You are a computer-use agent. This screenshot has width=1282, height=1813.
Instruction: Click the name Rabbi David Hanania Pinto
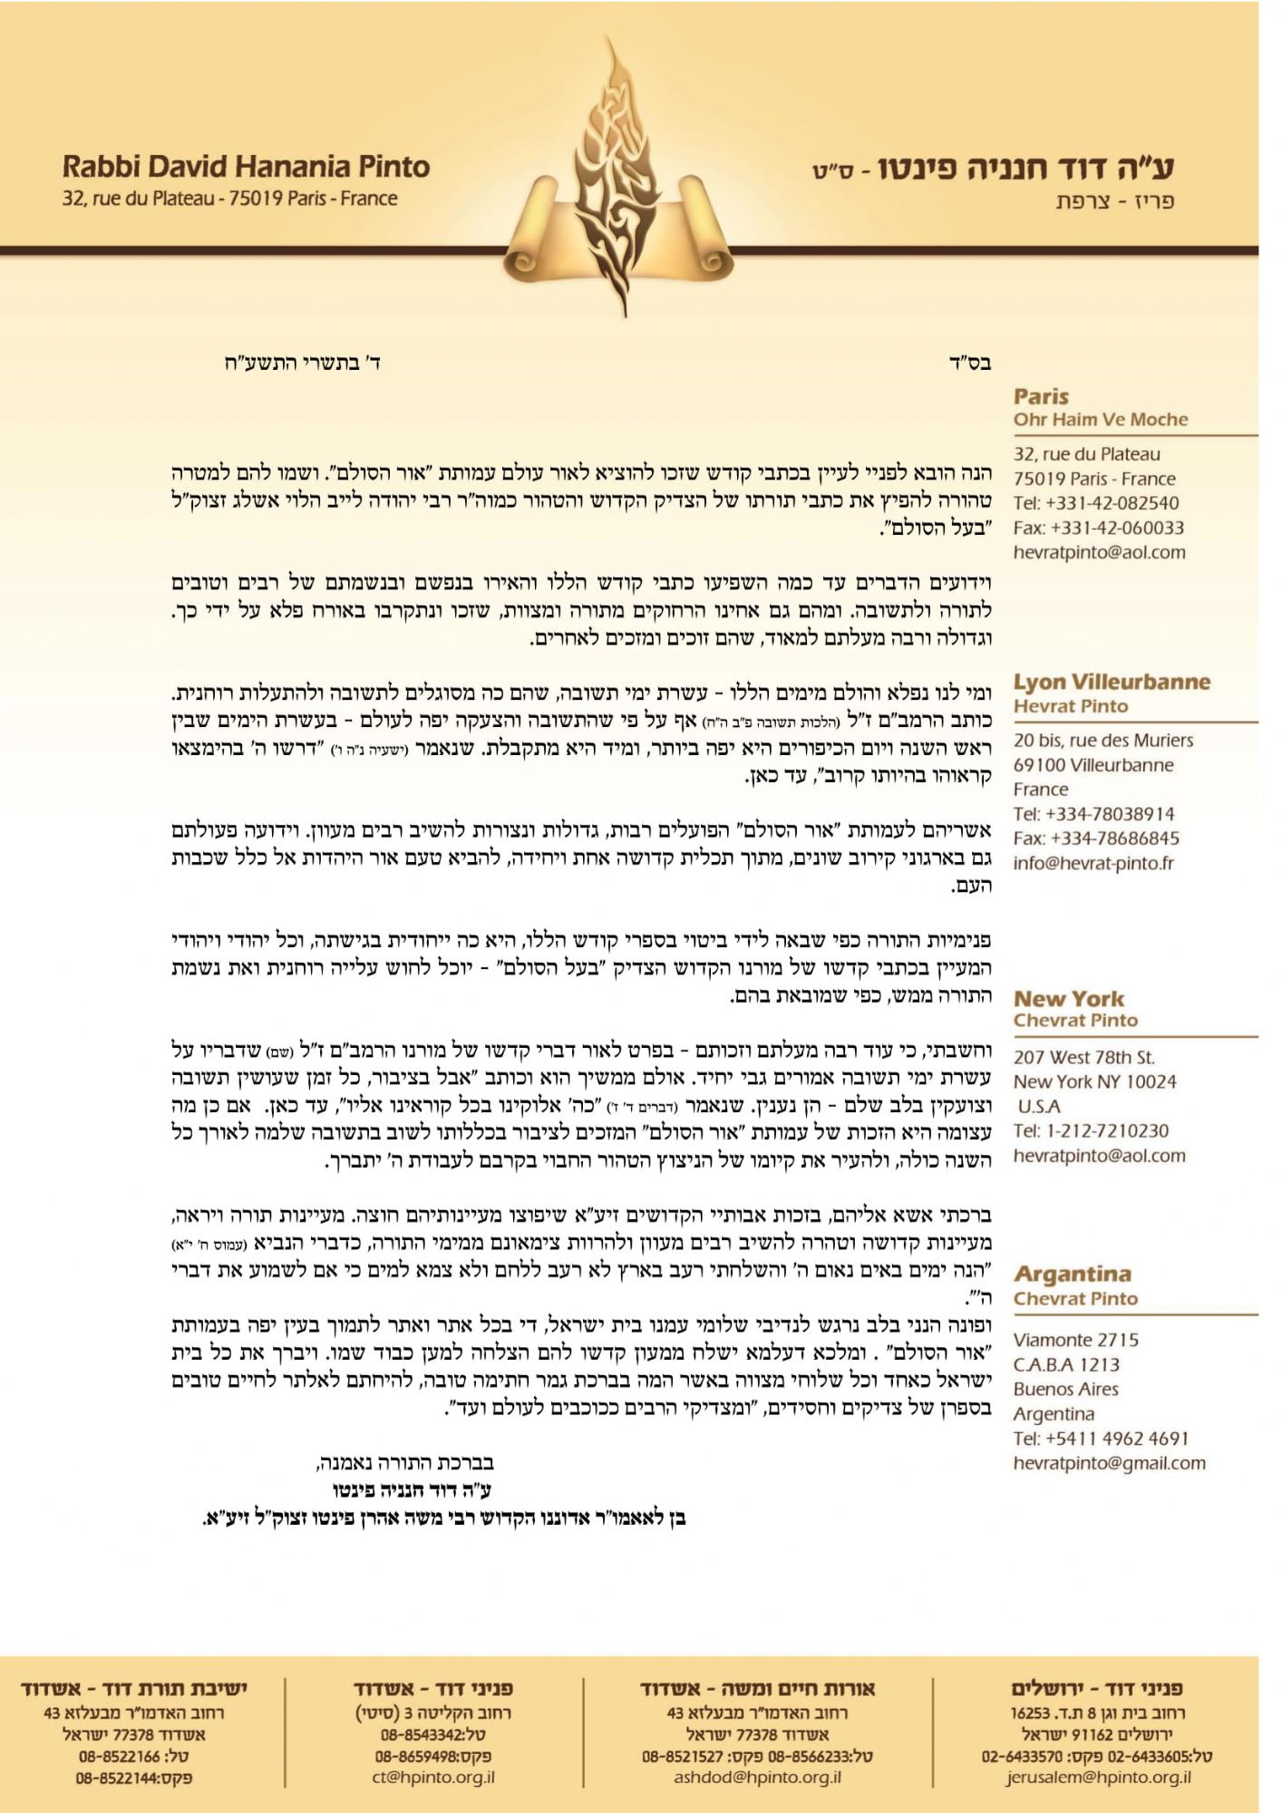[246, 167]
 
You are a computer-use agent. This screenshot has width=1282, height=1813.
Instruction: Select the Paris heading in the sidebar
[1041, 396]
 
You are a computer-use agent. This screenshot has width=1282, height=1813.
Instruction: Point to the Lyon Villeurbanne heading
[1112, 682]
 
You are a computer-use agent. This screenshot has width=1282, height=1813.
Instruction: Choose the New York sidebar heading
[1069, 998]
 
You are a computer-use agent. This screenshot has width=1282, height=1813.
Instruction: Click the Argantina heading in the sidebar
[1072, 1274]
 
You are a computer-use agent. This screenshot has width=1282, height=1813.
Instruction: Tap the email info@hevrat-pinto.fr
[1093, 863]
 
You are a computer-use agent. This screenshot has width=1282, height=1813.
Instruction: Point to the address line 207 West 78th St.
[1083, 1057]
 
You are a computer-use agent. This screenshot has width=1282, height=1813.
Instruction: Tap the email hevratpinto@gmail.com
[1109, 1462]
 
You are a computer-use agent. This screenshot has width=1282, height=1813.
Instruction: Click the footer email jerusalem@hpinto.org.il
[1098, 1777]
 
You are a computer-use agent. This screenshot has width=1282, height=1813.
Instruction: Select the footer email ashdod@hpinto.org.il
[757, 1777]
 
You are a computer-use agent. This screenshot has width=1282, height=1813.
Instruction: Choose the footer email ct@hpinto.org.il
[433, 1777]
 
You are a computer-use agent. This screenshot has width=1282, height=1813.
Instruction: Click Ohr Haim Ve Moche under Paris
[1101, 420]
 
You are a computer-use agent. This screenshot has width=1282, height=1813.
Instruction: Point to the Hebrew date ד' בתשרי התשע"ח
[303, 364]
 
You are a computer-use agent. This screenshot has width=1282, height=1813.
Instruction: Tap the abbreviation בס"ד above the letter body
[969, 364]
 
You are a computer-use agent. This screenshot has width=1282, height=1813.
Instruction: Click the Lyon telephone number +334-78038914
[1093, 814]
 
